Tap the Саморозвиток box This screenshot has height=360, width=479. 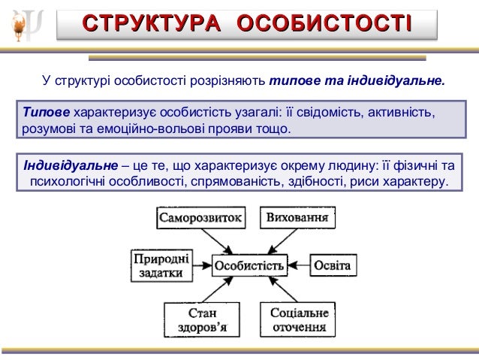coord(200,219)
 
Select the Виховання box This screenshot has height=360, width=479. coord(297,219)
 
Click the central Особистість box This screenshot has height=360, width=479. coord(249,265)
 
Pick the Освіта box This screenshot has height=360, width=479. coord(330,265)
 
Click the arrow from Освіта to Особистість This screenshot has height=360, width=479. coord(299,265)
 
